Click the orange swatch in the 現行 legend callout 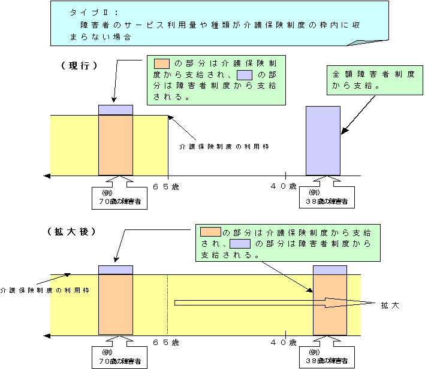pyautogui.click(x=162, y=63)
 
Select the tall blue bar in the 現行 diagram pyautogui.click(x=324, y=140)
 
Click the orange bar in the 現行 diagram pyautogui.click(x=115, y=145)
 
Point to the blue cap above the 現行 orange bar pyautogui.click(x=115, y=110)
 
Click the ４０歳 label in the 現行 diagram pyautogui.click(x=283, y=186)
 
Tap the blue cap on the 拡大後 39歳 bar pyautogui.click(x=330, y=270)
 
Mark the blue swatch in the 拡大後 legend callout pyautogui.click(x=239, y=244)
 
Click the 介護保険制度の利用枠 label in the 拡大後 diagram pyautogui.click(x=44, y=290)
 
